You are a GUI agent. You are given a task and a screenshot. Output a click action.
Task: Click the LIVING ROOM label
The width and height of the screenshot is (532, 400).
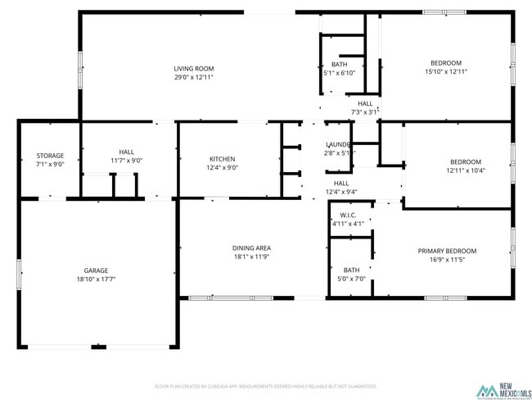(x=193, y=68)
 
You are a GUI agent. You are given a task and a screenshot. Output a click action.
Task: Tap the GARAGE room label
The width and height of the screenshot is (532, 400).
(x=96, y=270)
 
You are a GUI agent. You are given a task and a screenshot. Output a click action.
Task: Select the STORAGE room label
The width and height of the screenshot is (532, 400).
(x=50, y=156)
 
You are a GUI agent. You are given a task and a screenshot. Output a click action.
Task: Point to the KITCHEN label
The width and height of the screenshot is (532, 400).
(x=222, y=159)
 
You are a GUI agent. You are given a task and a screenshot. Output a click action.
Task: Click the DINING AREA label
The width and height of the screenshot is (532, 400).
(x=252, y=248)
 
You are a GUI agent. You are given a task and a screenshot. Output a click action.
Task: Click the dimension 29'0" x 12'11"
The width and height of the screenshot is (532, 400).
(x=193, y=77)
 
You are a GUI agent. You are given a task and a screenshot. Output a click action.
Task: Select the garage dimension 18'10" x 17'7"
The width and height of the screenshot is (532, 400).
(x=96, y=280)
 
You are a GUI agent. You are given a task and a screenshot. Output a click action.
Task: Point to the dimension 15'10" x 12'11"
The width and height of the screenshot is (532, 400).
(x=446, y=72)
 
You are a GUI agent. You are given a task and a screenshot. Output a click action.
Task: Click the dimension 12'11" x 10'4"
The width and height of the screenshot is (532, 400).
(x=466, y=170)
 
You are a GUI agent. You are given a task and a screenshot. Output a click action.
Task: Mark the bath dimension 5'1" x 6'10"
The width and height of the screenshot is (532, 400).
(x=339, y=73)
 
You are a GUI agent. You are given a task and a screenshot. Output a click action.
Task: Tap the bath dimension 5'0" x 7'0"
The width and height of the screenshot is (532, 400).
(x=351, y=279)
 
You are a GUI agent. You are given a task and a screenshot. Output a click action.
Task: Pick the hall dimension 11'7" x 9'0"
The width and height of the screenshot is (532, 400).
(x=126, y=161)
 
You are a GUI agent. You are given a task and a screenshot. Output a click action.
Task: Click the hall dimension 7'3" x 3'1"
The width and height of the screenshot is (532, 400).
(x=364, y=112)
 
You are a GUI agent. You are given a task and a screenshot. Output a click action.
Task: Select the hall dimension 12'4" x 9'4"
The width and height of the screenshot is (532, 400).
(x=341, y=192)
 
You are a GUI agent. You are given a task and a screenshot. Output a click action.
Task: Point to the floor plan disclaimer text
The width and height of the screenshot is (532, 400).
(x=265, y=385)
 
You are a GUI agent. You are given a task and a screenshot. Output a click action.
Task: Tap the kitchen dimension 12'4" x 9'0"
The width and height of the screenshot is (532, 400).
(x=222, y=168)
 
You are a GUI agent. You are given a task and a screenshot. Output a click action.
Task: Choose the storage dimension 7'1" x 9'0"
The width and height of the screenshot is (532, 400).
(x=50, y=165)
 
